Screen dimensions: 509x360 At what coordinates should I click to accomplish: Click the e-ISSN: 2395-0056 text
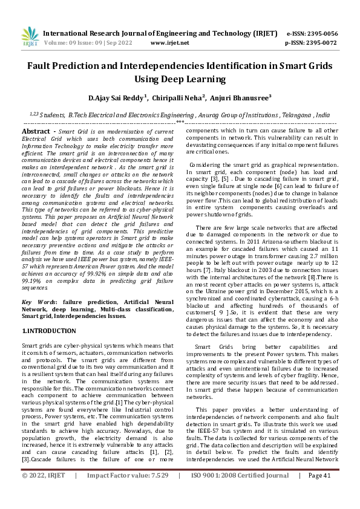point(311,34)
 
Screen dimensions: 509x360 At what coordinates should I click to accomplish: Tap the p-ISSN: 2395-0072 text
point(311,44)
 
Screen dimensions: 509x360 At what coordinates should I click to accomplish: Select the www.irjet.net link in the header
point(169,44)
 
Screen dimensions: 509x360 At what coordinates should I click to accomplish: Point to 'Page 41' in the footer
point(319,493)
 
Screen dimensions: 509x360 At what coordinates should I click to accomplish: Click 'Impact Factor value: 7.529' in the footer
point(128,493)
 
